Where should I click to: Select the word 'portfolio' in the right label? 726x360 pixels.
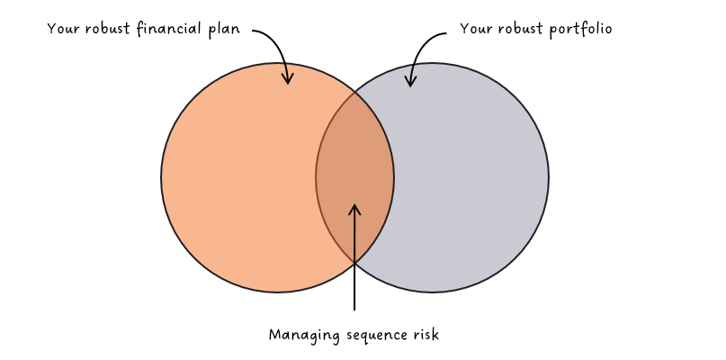581,29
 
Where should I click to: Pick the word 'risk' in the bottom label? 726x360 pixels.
424,335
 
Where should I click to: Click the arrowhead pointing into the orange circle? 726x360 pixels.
288,79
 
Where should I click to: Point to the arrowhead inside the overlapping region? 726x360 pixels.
354,209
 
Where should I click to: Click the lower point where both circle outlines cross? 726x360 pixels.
354,263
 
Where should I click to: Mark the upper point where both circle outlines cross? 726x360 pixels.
354,92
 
